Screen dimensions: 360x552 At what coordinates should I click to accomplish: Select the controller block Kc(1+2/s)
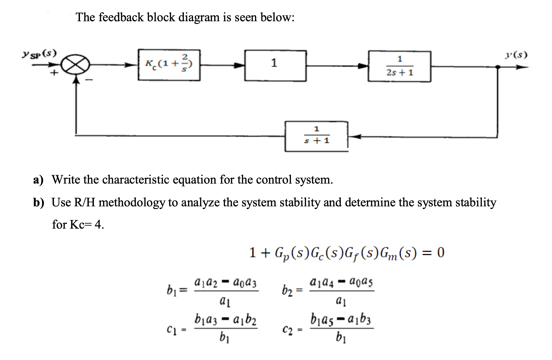pos(169,65)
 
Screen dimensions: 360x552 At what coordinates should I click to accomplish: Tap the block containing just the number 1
pos(275,66)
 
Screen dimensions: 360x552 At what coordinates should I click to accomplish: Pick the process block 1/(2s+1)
pos(399,66)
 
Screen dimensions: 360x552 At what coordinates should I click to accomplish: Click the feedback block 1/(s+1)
pos(316,137)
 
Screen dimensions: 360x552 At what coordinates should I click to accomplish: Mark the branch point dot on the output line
pos(497,67)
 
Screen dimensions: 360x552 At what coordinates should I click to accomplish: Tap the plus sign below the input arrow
pos(54,73)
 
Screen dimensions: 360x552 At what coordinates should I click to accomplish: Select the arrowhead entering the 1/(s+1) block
pos(354,137)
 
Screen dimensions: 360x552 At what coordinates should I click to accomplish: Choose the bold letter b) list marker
pos(39,202)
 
